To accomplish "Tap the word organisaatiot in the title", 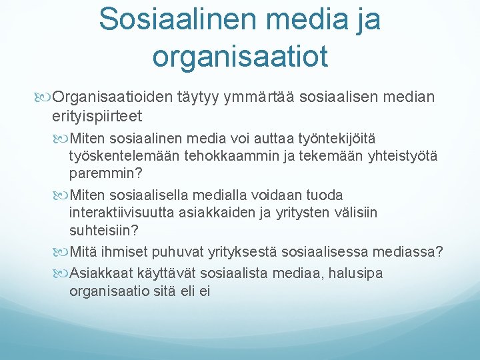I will pos(240,56).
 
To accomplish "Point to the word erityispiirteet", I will pos(97,117).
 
